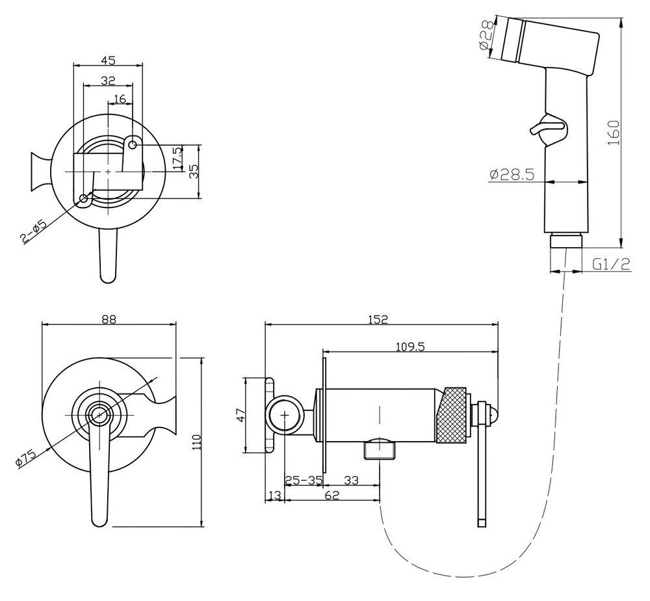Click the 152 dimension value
click(378, 319)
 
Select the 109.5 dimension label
click(410, 347)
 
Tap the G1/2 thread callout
click(611, 264)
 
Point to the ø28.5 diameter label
click(512, 174)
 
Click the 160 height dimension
click(614, 132)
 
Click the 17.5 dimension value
click(177, 159)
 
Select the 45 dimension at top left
click(108, 60)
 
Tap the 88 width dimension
click(109, 319)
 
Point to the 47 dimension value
click(240, 415)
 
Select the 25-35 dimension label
click(304, 480)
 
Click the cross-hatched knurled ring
click(452, 415)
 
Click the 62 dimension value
click(332, 495)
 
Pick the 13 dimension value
click(274, 495)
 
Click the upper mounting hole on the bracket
click(133, 145)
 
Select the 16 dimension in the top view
click(120, 99)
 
